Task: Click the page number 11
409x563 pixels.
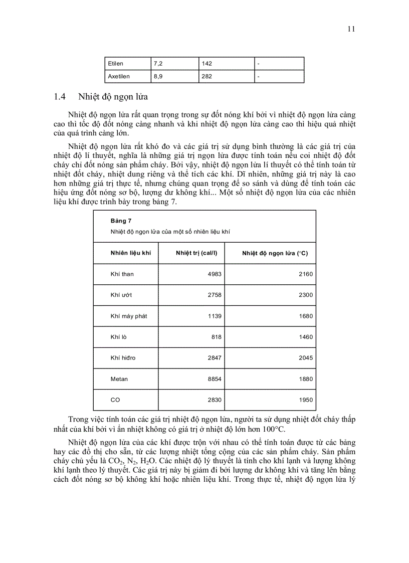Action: pos(351,29)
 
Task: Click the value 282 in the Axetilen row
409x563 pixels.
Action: pos(207,77)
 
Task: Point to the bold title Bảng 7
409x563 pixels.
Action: pos(121,221)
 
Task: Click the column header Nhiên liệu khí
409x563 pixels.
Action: pos(130,253)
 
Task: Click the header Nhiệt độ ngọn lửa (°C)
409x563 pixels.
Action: pos(275,253)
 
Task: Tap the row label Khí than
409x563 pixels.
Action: pos(122,274)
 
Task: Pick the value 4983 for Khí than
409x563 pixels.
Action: pos(215,274)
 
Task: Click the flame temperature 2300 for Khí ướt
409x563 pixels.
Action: pos(305,295)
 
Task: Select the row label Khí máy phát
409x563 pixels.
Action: pos(128,316)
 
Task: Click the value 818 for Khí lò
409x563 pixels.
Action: pos(216,337)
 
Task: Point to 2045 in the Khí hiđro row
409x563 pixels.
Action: pos(305,358)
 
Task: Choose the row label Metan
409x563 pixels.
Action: pos(119,379)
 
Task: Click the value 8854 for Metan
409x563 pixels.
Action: pos(215,379)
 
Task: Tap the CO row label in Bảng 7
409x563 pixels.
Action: pos(115,400)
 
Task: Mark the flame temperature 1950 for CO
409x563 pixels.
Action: pos(305,400)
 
